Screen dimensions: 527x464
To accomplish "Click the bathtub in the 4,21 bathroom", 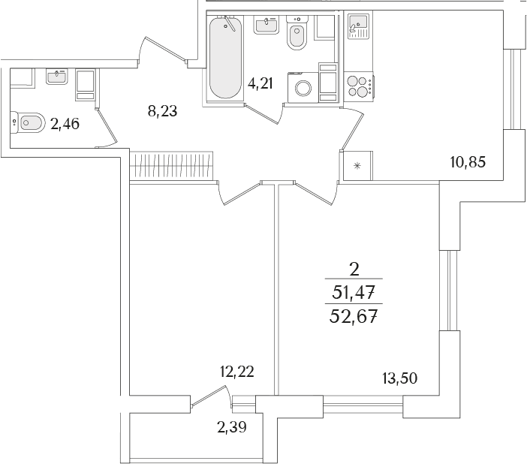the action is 225,57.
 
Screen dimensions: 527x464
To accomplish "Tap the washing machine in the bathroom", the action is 303,87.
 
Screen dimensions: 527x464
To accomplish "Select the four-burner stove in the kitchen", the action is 359,87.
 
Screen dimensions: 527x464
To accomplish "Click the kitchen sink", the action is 358,26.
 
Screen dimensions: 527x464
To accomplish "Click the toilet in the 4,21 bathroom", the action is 297,33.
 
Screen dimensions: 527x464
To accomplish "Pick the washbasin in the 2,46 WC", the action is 57,77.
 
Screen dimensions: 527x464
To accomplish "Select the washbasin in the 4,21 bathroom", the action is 266,25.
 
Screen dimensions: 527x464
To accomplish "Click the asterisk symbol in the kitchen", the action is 357,165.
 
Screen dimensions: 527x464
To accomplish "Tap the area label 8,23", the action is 162,110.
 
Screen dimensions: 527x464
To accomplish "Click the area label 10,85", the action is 468,163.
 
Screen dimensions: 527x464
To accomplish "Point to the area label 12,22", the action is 236,372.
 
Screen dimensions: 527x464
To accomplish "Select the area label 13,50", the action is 399,378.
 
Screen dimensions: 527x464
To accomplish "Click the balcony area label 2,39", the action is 232,427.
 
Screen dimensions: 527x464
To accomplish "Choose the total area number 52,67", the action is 353,316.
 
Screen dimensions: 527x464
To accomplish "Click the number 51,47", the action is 354,292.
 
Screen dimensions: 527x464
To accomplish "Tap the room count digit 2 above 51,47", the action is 354,270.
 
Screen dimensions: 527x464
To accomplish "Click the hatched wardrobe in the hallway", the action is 171,165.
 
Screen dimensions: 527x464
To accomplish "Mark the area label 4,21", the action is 260,83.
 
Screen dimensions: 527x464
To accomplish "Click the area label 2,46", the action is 65,124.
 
